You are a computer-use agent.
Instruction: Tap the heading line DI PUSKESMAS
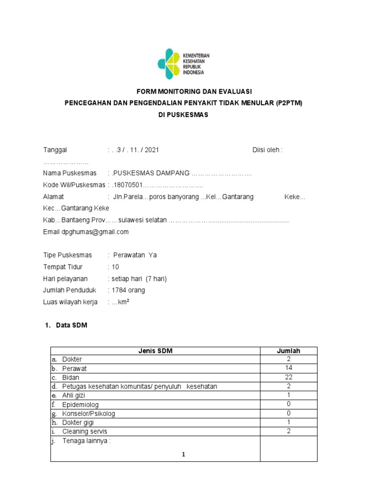click(x=183, y=115)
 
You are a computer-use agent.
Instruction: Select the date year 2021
click(x=151, y=150)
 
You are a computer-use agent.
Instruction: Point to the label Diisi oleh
click(x=267, y=150)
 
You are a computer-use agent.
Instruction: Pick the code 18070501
click(x=127, y=184)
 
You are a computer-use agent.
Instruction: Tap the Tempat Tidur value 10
click(x=115, y=266)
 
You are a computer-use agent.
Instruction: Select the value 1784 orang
click(x=128, y=290)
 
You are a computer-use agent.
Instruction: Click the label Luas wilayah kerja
click(x=71, y=302)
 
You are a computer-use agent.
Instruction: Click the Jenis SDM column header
click(x=155, y=351)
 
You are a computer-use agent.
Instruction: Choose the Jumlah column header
click(x=289, y=351)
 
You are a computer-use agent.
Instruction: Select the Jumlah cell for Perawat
click(x=289, y=368)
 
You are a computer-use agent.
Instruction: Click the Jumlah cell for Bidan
click(x=289, y=377)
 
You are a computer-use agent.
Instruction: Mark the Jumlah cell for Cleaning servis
click(x=289, y=431)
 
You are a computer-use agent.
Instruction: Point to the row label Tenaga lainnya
click(x=86, y=441)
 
